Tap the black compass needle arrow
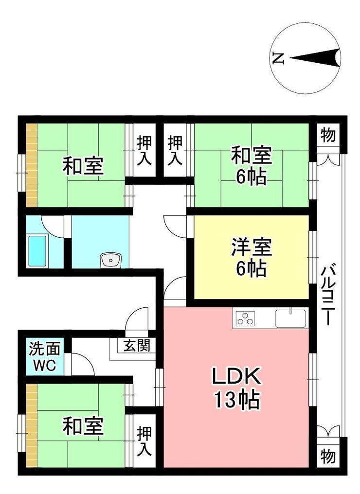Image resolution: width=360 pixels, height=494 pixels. pyautogui.click(x=315, y=58)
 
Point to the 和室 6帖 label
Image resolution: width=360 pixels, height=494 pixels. pyautogui.click(x=251, y=166)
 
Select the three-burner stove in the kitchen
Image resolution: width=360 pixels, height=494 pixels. pyautogui.click(x=245, y=318)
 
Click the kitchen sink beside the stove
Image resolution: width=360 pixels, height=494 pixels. pyautogui.click(x=290, y=318)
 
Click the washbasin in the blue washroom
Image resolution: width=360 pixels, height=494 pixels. pyautogui.click(x=110, y=261)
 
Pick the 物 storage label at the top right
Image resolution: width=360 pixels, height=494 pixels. pyautogui.click(x=328, y=135)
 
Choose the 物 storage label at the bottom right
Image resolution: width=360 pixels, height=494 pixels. pyautogui.click(x=328, y=456)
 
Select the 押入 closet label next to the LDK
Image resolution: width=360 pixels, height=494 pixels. pyautogui.click(x=144, y=441)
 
